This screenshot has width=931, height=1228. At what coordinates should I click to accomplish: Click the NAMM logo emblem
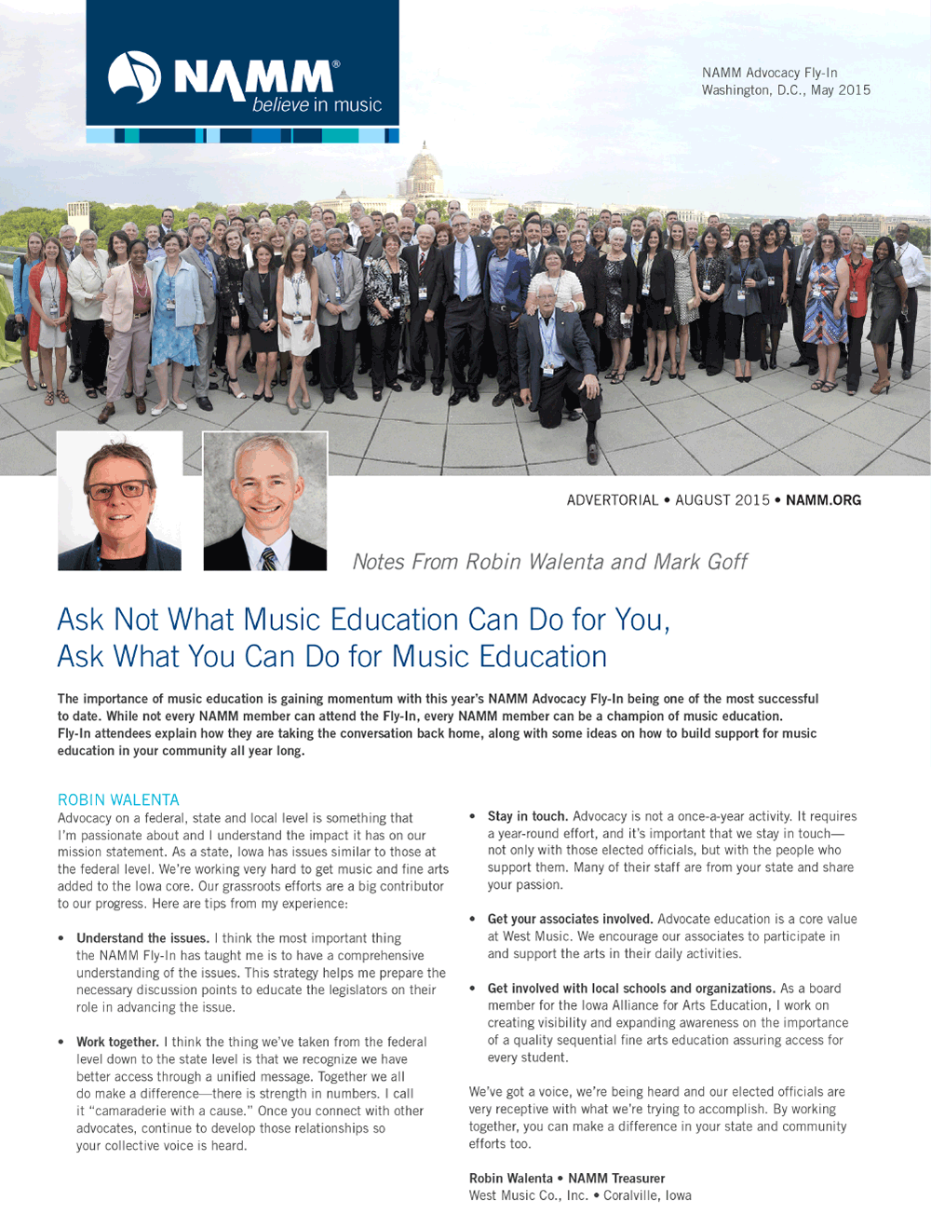tap(134, 76)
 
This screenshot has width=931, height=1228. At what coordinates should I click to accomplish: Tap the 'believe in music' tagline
tap(317, 105)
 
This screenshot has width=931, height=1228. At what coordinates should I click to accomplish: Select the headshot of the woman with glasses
tap(119, 501)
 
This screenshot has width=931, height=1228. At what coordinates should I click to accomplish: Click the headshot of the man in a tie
tap(265, 501)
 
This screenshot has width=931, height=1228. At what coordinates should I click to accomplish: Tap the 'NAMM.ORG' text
tap(823, 500)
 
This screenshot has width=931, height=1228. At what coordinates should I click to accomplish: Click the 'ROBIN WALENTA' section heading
tap(118, 799)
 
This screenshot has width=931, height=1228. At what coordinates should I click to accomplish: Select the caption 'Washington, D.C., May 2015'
tap(786, 90)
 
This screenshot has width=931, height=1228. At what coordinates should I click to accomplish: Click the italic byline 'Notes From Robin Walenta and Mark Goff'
tap(549, 562)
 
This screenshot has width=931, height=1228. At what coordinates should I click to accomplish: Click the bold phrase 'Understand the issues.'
tap(143, 938)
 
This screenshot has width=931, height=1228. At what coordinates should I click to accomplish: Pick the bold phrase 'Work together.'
tap(117, 1042)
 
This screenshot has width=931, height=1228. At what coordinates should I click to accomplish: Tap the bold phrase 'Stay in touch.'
tap(527, 816)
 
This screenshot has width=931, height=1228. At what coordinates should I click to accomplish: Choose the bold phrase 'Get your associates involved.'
tap(570, 919)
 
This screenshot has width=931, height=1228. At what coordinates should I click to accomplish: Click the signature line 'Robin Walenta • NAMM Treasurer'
tap(566, 1178)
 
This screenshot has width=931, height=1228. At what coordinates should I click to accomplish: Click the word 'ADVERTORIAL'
tap(612, 500)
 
